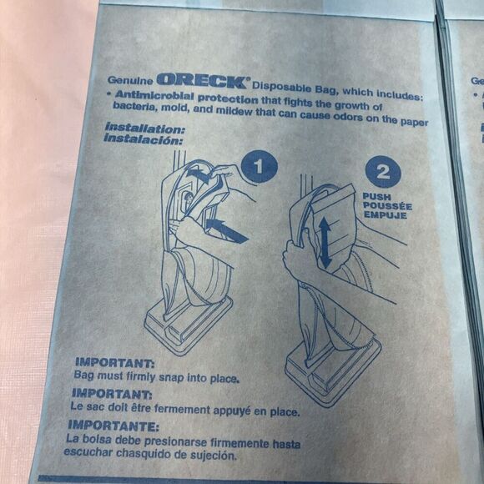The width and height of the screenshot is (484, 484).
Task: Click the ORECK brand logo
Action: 203,81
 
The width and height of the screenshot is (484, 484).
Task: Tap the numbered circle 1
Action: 259,167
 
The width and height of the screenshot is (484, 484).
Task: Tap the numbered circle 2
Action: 383,172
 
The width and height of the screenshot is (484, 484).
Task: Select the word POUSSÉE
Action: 387,206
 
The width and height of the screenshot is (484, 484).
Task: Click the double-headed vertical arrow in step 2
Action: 325,243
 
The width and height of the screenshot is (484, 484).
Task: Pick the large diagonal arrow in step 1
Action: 226,230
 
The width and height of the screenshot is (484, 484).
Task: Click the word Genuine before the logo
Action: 130,80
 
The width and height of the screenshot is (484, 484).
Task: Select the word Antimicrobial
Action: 154,95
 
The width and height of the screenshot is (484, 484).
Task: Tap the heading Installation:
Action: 144,129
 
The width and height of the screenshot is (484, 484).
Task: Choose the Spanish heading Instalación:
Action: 144,139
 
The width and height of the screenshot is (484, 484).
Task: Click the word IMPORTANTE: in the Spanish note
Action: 113,426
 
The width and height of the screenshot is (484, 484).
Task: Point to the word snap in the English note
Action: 171,377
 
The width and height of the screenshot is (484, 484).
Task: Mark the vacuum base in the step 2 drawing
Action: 333,371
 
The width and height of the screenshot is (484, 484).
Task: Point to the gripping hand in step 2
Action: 298,256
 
